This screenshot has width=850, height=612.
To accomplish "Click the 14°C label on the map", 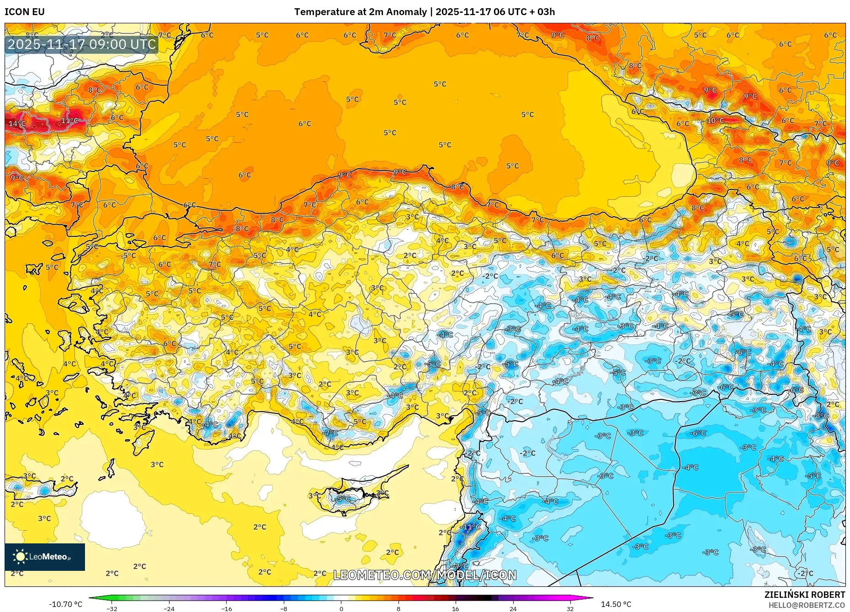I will click(x=17, y=123).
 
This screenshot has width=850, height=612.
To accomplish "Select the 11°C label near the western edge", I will click(x=69, y=121).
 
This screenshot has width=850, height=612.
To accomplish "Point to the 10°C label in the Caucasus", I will click(x=715, y=121).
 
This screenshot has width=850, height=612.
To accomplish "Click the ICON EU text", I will click(x=25, y=12).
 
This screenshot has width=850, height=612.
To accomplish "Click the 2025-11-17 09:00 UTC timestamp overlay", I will click(x=82, y=44).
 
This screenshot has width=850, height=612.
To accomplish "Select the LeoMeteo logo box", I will click(x=45, y=557).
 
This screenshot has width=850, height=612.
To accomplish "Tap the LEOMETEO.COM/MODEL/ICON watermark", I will click(x=425, y=575).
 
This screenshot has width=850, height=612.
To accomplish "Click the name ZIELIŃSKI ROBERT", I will click(x=804, y=595).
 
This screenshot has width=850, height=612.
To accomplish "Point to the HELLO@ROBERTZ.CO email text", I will click(x=806, y=605).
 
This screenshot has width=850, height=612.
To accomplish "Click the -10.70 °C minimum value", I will click(x=66, y=604).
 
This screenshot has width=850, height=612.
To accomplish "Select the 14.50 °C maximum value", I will click(x=616, y=604).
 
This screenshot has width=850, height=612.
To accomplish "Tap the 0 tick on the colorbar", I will click(x=341, y=608).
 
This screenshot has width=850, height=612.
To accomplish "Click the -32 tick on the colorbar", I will click(x=112, y=608).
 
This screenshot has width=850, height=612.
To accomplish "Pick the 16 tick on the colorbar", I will click(x=455, y=608).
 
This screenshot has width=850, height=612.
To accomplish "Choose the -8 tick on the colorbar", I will click(x=284, y=608).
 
